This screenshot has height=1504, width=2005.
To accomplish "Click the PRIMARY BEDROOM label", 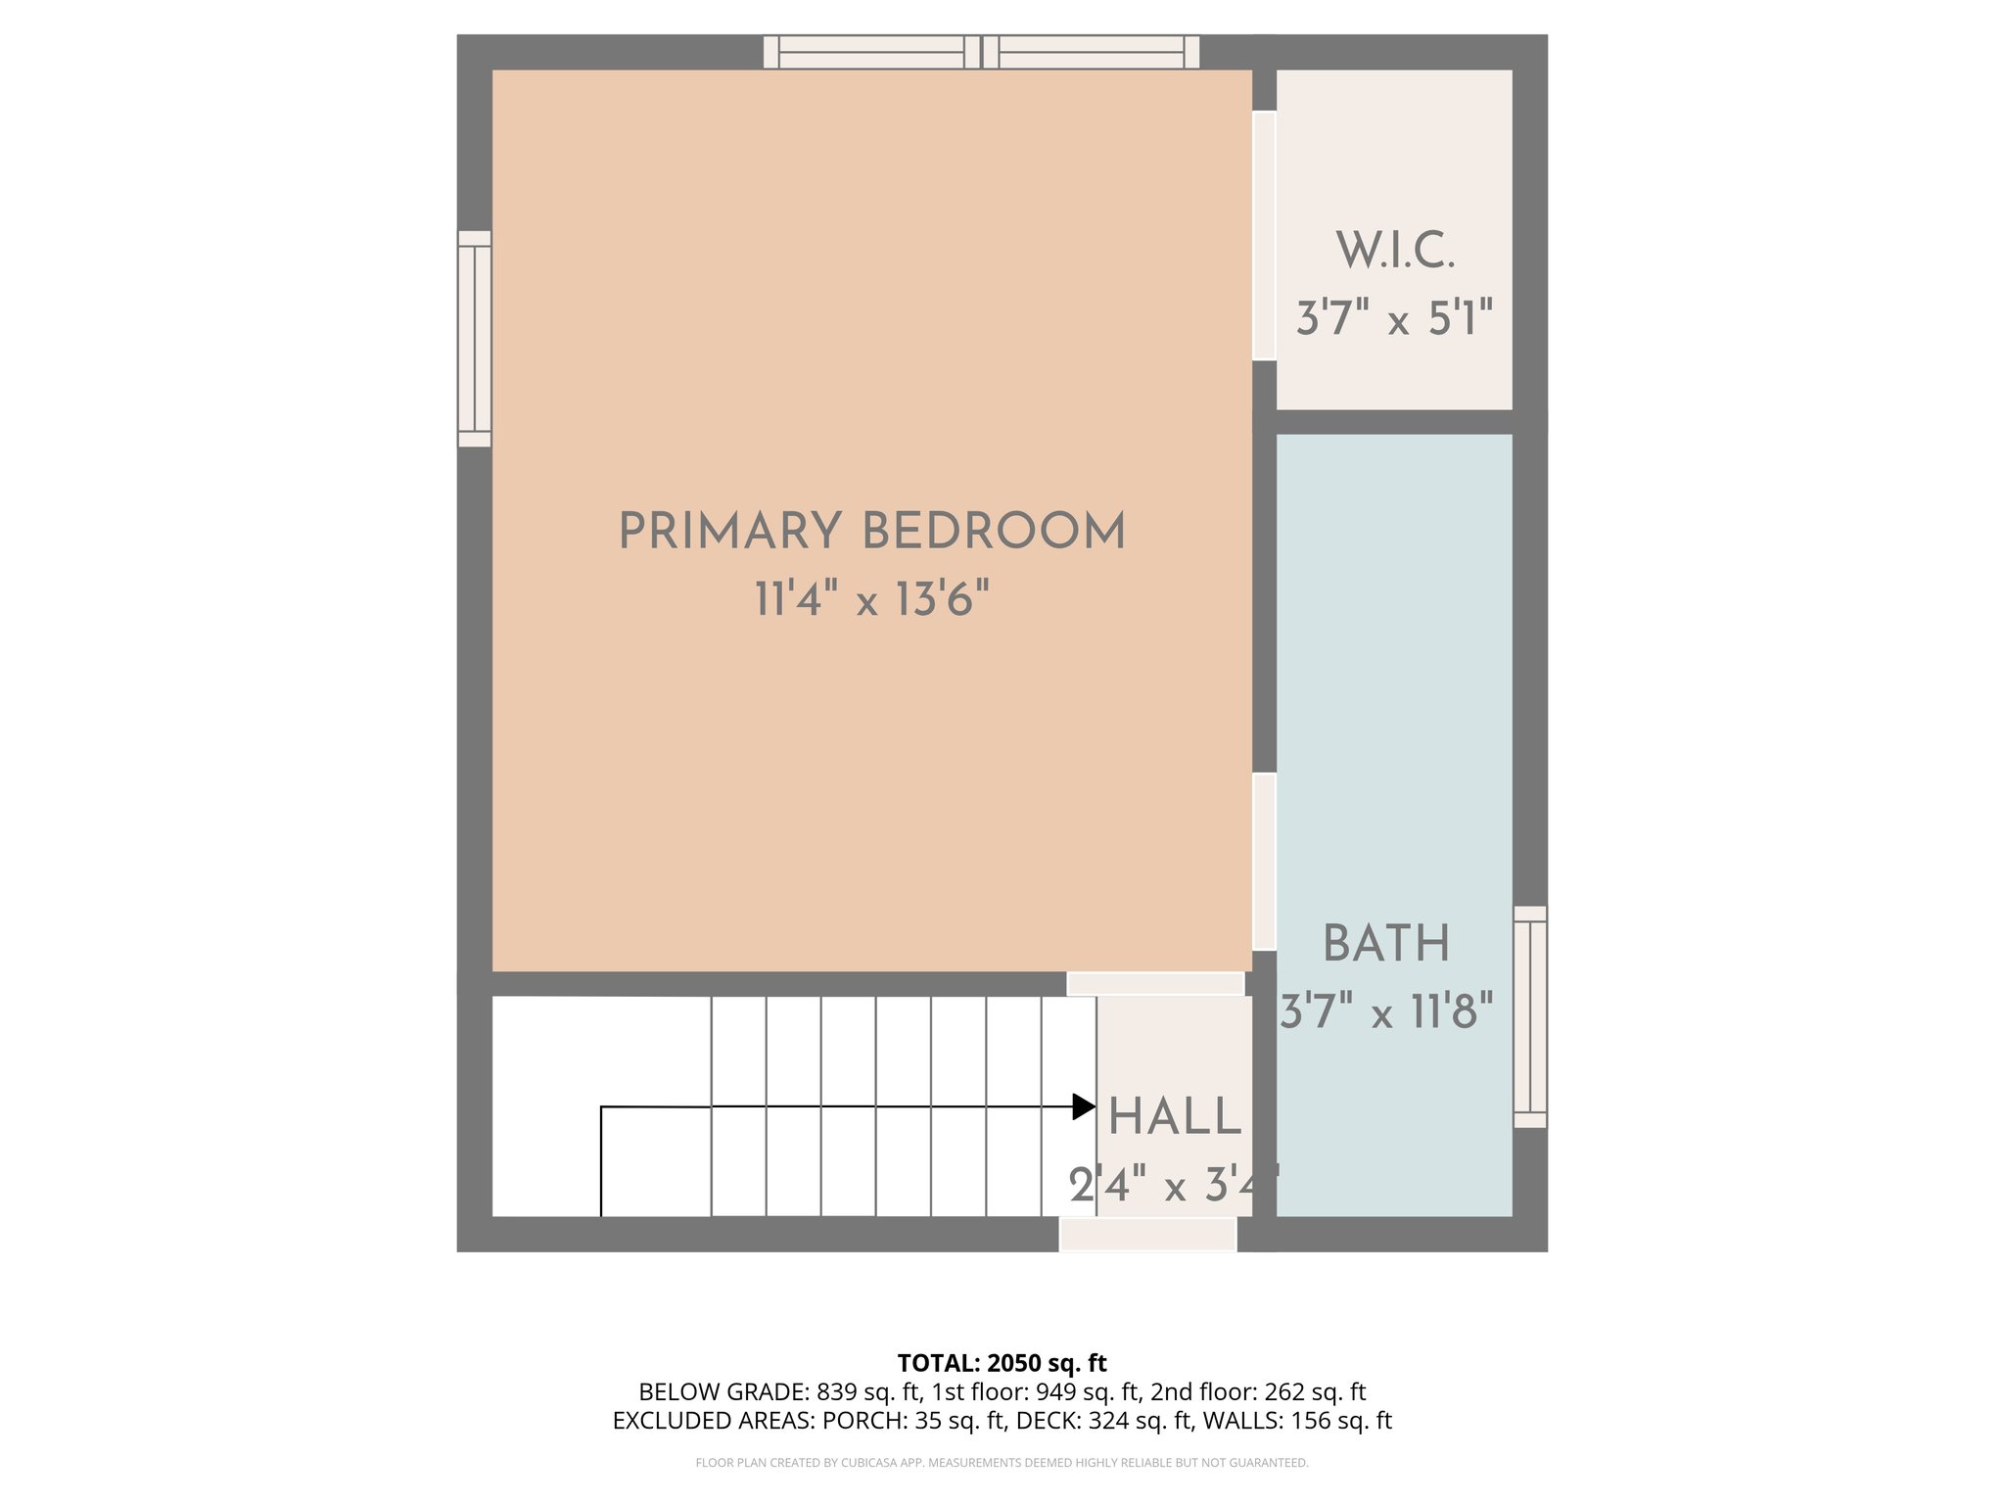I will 871,532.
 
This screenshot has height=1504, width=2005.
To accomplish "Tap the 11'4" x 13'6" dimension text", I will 871,598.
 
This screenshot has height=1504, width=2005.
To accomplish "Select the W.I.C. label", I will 1395,251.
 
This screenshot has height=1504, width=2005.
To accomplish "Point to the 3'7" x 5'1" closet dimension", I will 1395,318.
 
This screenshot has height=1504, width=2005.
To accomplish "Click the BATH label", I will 1386,944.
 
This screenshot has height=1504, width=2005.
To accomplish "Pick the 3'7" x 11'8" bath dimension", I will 1386,1010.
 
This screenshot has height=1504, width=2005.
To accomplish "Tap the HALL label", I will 1175,1117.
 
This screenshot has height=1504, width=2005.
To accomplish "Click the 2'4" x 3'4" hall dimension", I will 1173,1186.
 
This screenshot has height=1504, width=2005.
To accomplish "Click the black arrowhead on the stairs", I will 1083,1106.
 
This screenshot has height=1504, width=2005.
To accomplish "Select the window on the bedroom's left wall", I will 475,339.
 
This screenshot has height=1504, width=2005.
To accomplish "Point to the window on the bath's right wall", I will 1530,1016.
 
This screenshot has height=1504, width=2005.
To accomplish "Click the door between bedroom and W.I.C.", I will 1264,235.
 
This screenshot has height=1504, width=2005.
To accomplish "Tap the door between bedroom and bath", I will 1264,862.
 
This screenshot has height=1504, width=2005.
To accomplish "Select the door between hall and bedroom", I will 1155,983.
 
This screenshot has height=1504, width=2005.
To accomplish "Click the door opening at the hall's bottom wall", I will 1147,1234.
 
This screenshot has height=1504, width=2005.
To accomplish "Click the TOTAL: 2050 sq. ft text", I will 1002,1362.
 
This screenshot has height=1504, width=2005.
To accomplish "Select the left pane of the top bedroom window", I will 871,52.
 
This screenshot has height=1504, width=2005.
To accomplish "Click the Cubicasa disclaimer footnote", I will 1002,1463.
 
